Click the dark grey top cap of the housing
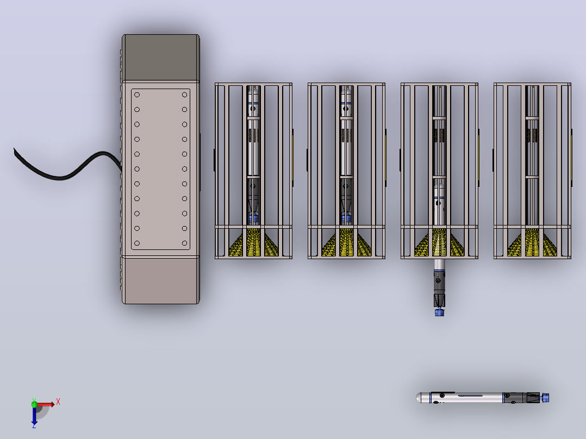(161, 58)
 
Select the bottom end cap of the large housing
(161, 280)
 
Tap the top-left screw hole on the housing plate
(137, 95)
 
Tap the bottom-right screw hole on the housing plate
(185, 243)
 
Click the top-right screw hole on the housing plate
(185, 95)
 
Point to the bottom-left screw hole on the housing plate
(137, 243)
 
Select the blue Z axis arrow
(34, 416)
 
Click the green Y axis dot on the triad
(34, 404)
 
